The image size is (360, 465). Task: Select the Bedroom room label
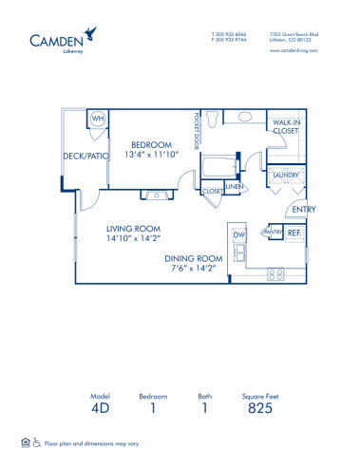tap(151, 145)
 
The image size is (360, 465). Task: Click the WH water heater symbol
tap(98, 119)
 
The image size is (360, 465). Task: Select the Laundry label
tap(286, 177)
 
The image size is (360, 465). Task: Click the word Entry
tap(304, 210)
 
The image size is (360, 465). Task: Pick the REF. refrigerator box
tap(295, 232)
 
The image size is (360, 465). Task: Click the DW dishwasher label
tap(239, 234)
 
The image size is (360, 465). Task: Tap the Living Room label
tap(134, 230)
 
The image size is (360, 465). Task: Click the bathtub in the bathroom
tap(221, 169)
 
